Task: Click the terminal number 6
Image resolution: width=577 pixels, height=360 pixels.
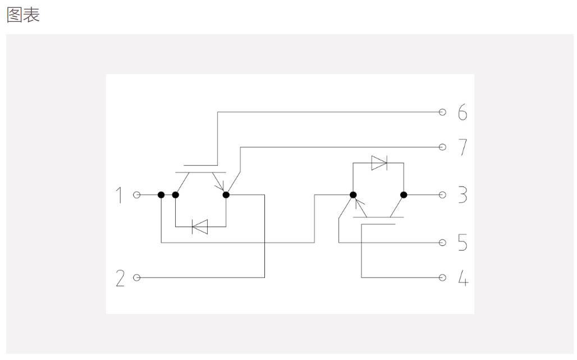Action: [x=462, y=112]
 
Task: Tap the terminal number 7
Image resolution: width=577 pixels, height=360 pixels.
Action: [x=463, y=147]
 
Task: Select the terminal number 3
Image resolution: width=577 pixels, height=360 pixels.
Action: [x=463, y=195]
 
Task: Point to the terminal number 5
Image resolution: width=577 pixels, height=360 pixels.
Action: [x=462, y=243]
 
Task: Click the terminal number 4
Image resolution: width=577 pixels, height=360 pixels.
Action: [x=463, y=278]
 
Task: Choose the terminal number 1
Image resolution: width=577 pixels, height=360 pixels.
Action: [x=119, y=195]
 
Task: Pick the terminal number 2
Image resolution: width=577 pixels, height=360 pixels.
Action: [x=120, y=278]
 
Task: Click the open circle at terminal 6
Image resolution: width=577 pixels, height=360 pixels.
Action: [x=443, y=112]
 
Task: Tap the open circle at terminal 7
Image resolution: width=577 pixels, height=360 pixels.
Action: [x=443, y=147]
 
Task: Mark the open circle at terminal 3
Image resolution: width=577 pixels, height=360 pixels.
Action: [x=443, y=195]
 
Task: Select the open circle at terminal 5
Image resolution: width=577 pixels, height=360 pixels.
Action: [x=443, y=243]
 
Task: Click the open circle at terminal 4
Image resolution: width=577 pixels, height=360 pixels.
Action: [x=443, y=277]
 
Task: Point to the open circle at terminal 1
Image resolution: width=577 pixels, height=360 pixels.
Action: [x=137, y=195]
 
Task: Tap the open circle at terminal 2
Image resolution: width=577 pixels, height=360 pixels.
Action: [x=137, y=277]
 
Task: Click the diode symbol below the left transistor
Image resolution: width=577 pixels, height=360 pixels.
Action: [x=200, y=227]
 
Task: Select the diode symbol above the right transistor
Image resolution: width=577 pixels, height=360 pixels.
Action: [x=379, y=163]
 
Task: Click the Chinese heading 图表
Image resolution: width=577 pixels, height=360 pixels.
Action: [x=23, y=15]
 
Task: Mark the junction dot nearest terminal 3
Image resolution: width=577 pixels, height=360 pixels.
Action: [x=404, y=195]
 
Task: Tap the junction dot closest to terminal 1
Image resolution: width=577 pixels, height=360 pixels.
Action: [x=161, y=195]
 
